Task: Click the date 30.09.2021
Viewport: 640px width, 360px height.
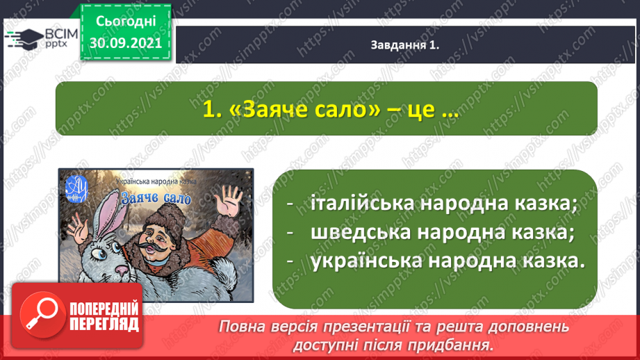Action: tap(125, 42)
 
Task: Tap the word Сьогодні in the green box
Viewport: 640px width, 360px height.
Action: tap(126, 22)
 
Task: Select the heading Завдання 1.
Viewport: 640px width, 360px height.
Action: tap(405, 45)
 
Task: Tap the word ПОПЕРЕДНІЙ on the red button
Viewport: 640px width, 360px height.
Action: tap(104, 309)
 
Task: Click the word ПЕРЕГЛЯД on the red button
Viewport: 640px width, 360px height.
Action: tap(104, 325)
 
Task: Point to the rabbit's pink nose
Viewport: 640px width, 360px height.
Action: tap(122, 270)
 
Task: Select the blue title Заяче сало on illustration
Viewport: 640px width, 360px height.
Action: tap(156, 198)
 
